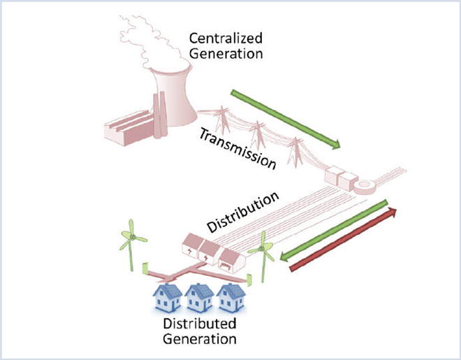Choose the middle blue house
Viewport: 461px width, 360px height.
pos(200,298)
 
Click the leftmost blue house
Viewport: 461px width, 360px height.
pos(168,298)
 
